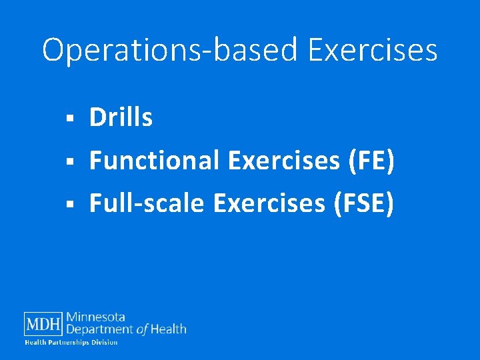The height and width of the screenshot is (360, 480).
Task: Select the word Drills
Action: [x=121, y=118]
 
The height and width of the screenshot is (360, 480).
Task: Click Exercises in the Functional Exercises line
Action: [x=282, y=161]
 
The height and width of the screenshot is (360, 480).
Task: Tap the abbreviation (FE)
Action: [x=369, y=161]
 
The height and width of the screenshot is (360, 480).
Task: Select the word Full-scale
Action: [x=147, y=203]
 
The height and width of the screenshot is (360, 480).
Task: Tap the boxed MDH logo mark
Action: [x=43, y=324]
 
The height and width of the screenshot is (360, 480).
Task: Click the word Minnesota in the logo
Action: [x=95, y=317]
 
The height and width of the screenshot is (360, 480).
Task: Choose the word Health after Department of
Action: [x=169, y=329]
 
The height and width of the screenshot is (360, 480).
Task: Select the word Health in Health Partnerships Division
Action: [x=35, y=342]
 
